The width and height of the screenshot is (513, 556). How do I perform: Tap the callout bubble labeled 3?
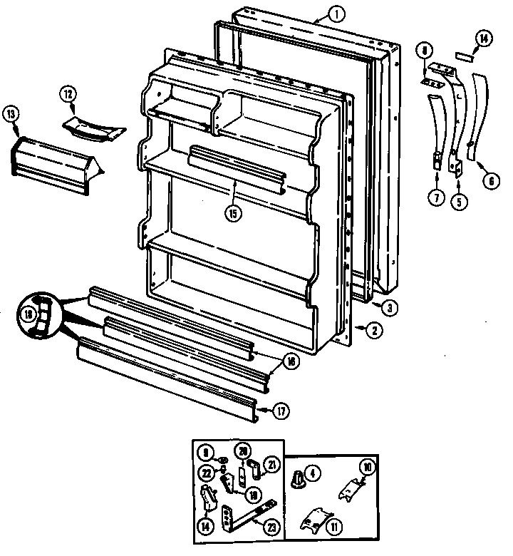389,307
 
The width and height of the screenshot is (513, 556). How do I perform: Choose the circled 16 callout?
290,361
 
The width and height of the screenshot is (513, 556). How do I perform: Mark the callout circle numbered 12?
67,94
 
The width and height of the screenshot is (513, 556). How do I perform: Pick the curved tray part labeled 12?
93,124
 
